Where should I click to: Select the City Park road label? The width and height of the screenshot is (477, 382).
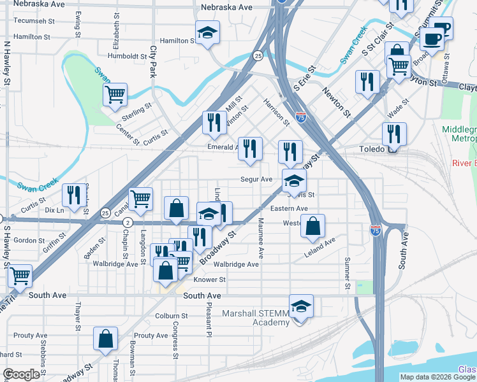pyautogui.click(x=152, y=61)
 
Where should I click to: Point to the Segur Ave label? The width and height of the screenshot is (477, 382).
pyautogui.click(x=256, y=180)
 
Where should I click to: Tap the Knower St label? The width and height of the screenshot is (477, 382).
pyautogui.click(x=209, y=279)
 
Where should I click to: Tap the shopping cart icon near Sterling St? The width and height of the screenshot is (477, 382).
pyautogui.click(x=115, y=94)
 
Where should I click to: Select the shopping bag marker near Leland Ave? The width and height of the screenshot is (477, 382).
pyautogui.click(x=312, y=226)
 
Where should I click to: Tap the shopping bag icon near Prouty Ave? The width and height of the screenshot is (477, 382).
pyautogui.click(x=105, y=339)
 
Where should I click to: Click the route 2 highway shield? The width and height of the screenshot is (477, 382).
pyautogui.click(x=128, y=222)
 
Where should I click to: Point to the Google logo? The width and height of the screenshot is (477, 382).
pyautogui.click(x=21, y=374)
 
